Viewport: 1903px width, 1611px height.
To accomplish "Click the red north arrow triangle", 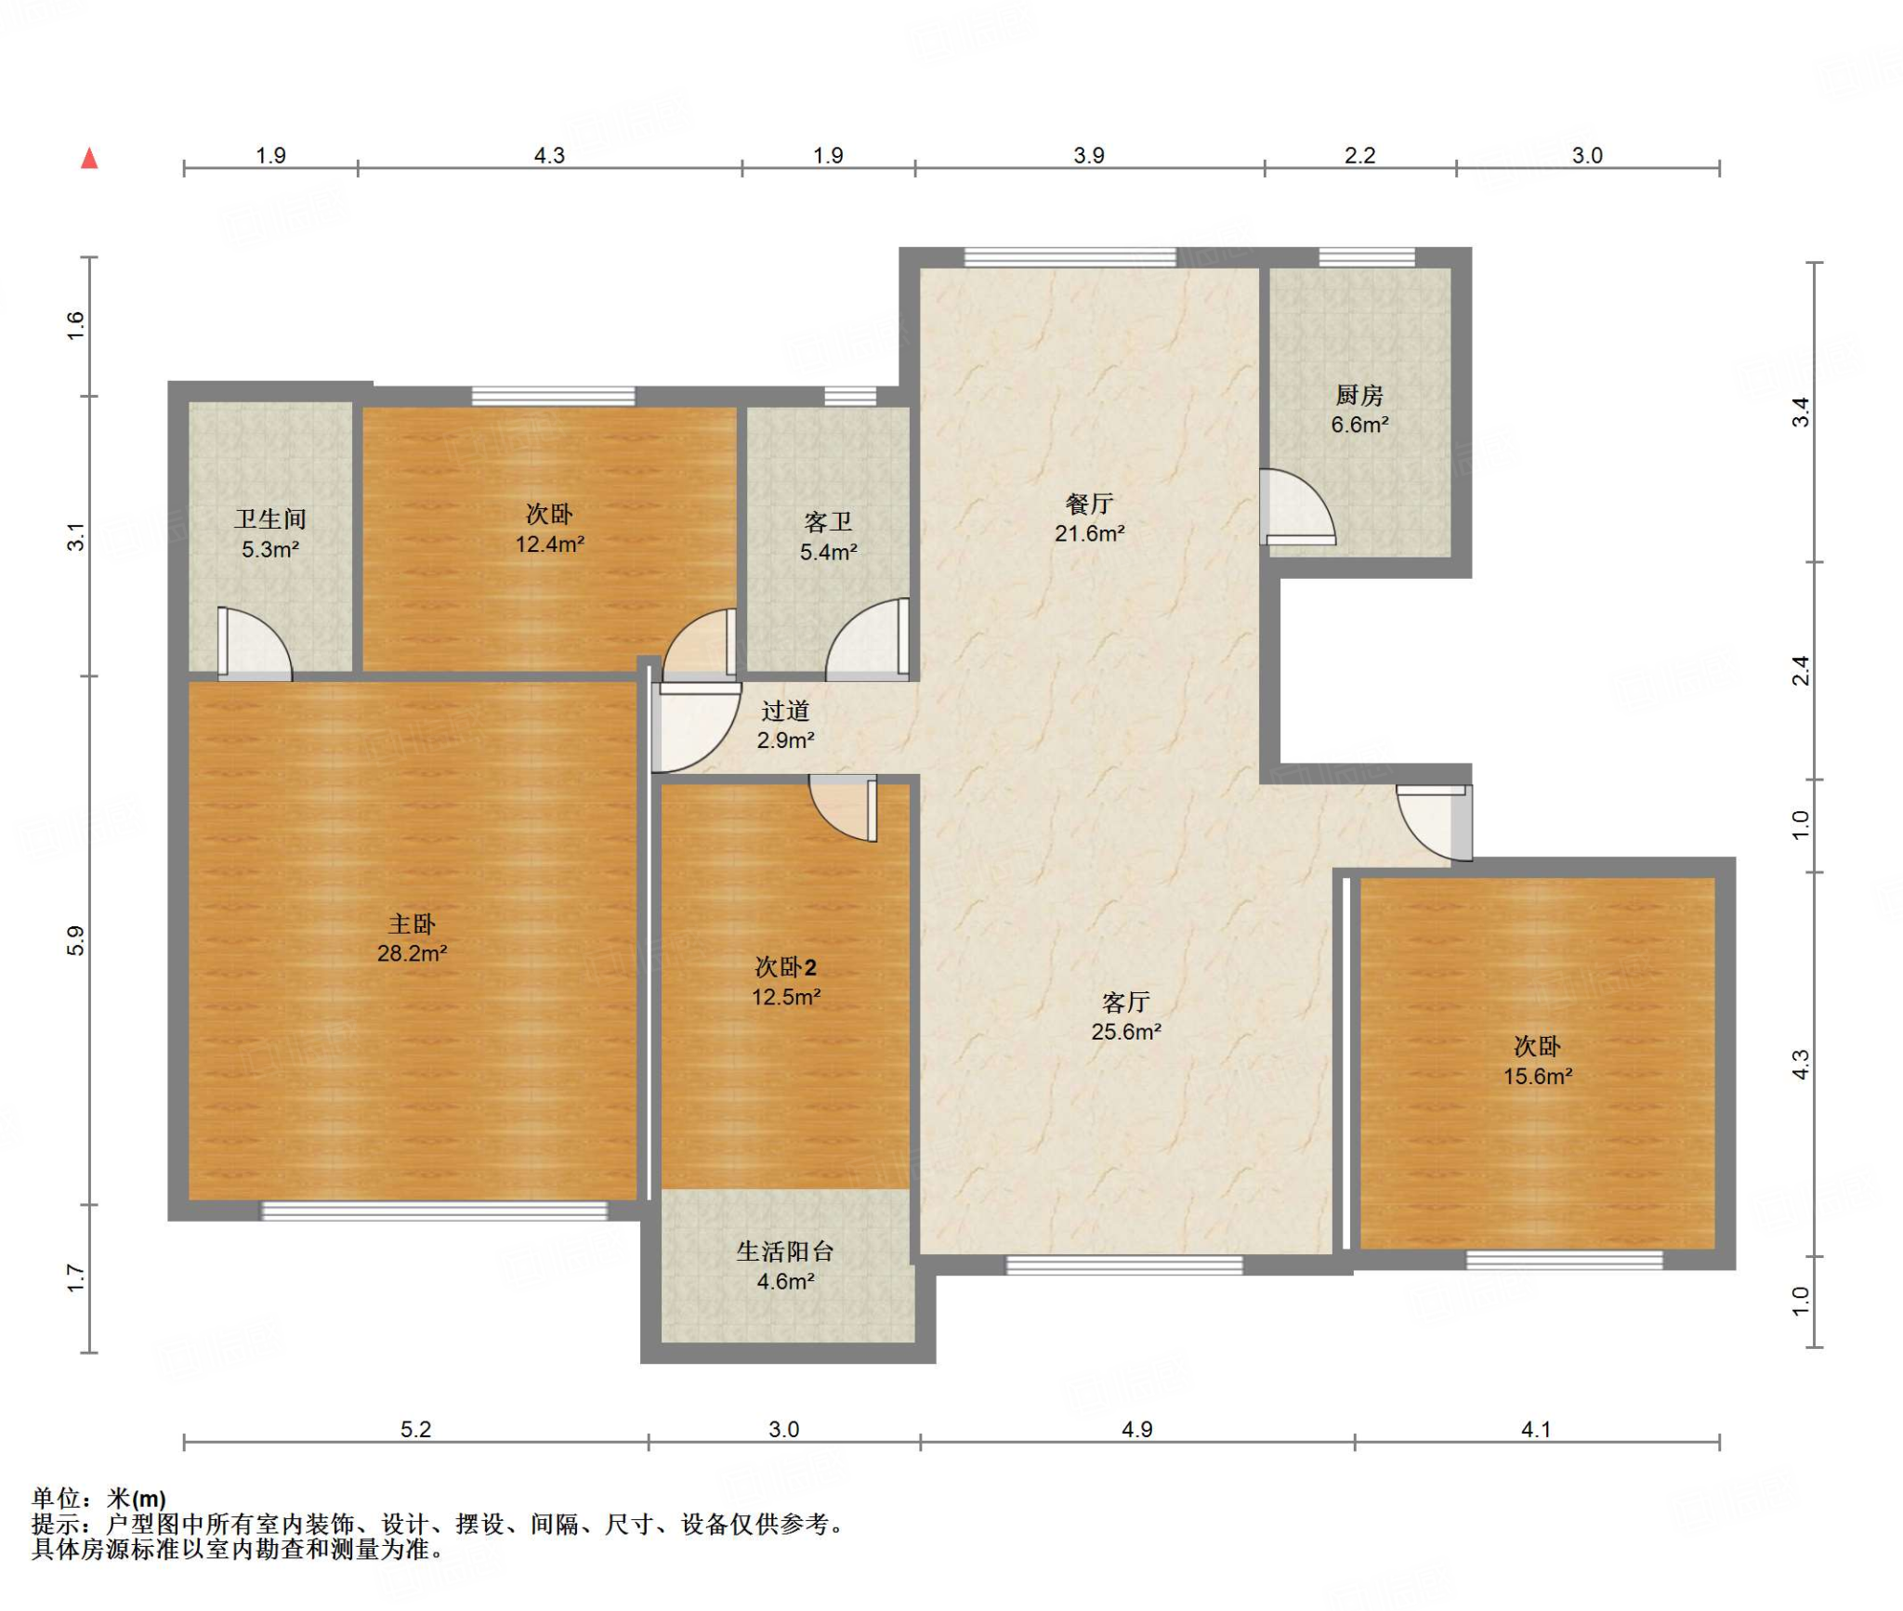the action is tap(89, 158).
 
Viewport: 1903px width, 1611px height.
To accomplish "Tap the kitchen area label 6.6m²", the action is tap(1359, 425).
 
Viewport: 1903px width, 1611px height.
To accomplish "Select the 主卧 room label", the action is tap(412, 923).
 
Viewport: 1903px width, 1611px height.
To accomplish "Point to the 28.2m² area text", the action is tap(412, 953).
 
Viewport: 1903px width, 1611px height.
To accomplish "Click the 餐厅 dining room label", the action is tap(1089, 504).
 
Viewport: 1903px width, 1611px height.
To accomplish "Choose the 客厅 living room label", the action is tap(1126, 1002).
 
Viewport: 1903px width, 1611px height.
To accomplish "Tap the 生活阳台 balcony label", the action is tap(785, 1251).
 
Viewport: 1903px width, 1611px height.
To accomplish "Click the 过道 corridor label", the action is tap(785, 711).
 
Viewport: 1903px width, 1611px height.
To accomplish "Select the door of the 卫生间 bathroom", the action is tap(255, 643).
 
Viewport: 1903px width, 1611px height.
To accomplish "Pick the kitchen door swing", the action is tap(1297, 507).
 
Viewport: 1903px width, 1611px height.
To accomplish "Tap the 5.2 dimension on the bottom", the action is tap(415, 1429).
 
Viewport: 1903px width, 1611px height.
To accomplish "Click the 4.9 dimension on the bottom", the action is tap(1136, 1429).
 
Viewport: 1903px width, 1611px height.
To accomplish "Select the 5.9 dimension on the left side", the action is tap(75, 941).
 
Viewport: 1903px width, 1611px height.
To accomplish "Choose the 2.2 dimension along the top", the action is tap(1359, 155).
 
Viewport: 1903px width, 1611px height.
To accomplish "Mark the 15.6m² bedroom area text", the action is tap(1538, 1076).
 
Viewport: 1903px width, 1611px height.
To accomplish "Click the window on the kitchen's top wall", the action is tap(1367, 257).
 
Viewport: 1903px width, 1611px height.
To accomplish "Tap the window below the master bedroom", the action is tap(434, 1211).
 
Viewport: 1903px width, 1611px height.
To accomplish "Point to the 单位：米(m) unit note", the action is tap(98, 1498).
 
